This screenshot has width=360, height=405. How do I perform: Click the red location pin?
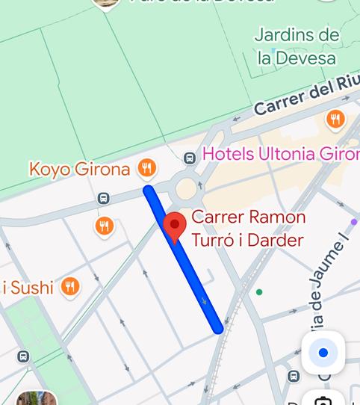(x=175, y=226)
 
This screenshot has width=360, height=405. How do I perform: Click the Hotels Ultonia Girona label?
(x=281, y=154)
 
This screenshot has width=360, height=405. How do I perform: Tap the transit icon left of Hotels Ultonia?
(x=190, y=158)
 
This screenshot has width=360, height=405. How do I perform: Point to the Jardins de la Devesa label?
(x=297, y=46)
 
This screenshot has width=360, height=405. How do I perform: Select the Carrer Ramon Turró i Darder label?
(x=248, y=229)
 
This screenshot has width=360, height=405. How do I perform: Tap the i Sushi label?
(x=28, y=287)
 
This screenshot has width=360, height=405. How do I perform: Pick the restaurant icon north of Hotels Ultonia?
(x=335, y=119)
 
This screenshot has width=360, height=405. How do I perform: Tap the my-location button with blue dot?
(x=323, y=353)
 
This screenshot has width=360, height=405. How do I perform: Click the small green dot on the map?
(x=259, y=292)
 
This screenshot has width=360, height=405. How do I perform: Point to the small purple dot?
(x=353, y=222)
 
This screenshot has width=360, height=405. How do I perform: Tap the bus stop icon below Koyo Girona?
(x=103, y=199)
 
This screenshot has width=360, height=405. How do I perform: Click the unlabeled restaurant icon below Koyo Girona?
(x=105, y=226)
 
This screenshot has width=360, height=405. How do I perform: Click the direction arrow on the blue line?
(x=205, y=303)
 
